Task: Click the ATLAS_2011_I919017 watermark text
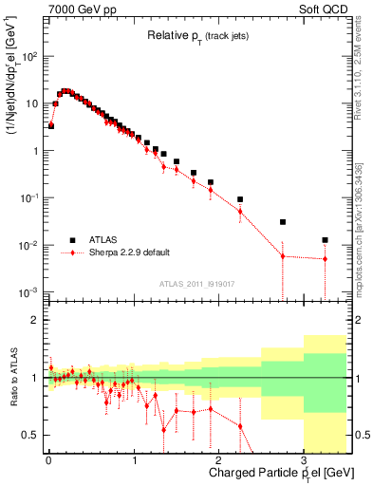tap(196, 282)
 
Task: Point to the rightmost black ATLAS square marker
tap(325, 240)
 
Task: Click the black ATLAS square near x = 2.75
tap(282, 222)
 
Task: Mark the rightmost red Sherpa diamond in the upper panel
tap(325, 259)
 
